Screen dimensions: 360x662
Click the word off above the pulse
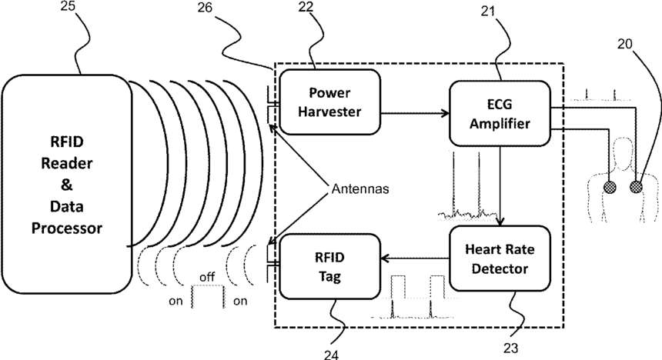206,275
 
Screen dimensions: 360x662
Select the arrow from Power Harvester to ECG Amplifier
416,115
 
